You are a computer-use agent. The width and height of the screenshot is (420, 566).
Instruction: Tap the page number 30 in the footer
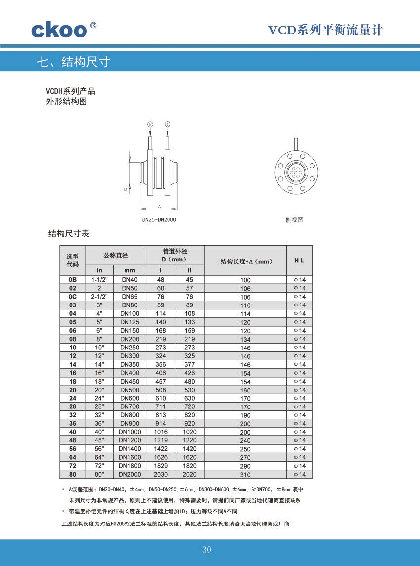(207, 550)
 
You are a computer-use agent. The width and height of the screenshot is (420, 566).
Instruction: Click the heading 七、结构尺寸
(73, 62)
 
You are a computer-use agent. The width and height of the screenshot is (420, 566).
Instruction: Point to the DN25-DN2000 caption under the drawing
(160, 219)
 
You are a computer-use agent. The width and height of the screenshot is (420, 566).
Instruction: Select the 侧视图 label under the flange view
(294, 219)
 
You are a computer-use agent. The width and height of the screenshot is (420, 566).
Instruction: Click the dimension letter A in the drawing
(159, 205)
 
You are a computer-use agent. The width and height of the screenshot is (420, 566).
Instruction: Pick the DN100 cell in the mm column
(129, 314)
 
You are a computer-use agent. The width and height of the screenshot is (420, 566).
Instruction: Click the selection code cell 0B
(73, 280)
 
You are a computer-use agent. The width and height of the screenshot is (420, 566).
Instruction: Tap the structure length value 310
(245, 475)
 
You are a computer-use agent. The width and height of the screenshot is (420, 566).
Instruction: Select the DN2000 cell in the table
(129, 475)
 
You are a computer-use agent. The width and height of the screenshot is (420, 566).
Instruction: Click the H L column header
(299, 260)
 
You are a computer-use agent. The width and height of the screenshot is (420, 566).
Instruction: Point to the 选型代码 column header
(73, 260)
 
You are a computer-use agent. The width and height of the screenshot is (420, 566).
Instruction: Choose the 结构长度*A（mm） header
(245, 261)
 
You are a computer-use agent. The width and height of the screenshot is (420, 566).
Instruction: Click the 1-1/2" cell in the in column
(99, 280)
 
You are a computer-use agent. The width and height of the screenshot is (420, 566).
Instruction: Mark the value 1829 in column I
(161, 466)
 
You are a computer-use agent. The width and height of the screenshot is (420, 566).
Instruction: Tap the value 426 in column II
(190, 373)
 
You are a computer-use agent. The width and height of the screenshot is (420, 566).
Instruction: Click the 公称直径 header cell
(116, 255)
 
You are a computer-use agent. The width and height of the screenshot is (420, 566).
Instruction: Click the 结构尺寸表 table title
(69, 233)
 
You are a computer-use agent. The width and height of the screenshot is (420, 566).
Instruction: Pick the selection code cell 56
(73, 449)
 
